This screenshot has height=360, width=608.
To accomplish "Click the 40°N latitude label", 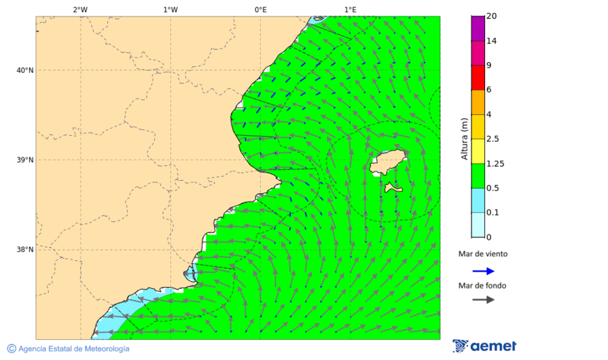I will pyautogui.click(x=25, y=70).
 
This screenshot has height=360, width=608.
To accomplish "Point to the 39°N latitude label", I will pyautogui.click(x=25, y=160).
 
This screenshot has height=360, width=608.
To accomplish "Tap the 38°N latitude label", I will pyautogui.click(x=25, y=250).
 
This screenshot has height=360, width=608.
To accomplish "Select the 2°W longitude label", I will pyautogui.click(x=80, y=9).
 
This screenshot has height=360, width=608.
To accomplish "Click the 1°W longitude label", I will pyautogui.click(x=170, y=9).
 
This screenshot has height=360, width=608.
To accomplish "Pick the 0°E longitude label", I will pyautogui.click(x=260, y=9).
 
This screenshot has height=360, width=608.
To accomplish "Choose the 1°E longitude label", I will pyautogui.click(x=350, y=9).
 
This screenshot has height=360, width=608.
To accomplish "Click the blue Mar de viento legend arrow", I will pyautogui.click(x=483, y=271).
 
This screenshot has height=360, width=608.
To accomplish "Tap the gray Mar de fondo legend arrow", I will pyautogui.click(x=483, y=300).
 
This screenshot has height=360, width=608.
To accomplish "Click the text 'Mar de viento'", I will pyautogui.click(x=482, y=255).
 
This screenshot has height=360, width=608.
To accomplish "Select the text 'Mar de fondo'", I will pyautogui.click(x=482, y=286).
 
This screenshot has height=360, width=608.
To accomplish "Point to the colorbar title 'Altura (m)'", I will pyautogui.click(x=464, y=138).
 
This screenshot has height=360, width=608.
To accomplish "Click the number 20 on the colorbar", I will pyautogui.click(x=491, y=16).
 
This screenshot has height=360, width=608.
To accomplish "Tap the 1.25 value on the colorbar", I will pyautogui.click(x=495, y=163).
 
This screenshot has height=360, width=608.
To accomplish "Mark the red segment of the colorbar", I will pyautogui.click(x=478, y=77).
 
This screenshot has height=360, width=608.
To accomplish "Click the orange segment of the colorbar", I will pyautogui.click(x=478, y=102).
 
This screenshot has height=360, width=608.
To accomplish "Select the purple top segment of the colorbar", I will pyautogui.click(x=478, y=28).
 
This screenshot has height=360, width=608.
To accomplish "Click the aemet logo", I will pyautogui.click(x=484, y=346).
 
